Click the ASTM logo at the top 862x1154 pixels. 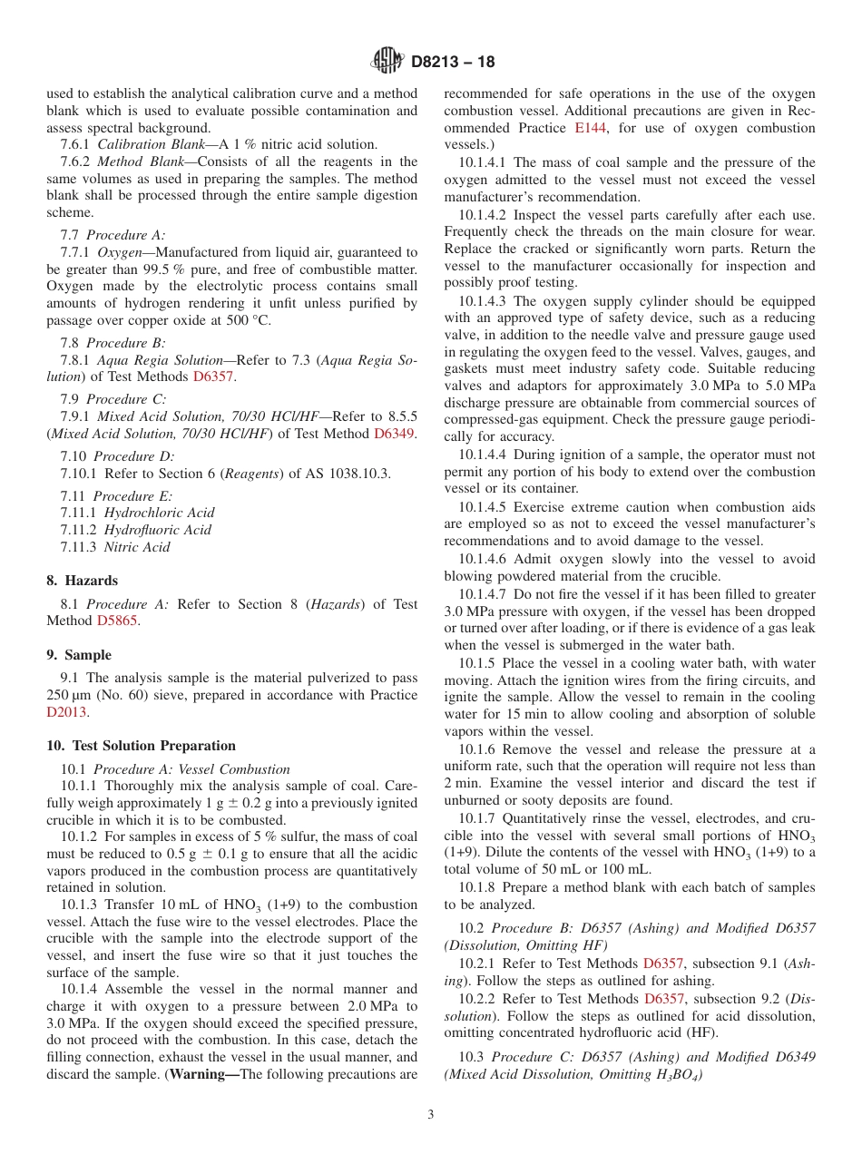tap(387, 62)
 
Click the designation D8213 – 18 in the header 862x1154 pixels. tap(454, 63)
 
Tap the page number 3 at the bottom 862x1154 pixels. tap(431, 1115)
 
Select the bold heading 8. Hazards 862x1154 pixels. tap(83, 581)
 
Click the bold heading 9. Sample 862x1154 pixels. tap(79, 655)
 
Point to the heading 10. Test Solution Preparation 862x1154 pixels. tap(141, 746)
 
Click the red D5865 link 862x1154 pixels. tap(118, 621)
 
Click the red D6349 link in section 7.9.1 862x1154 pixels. tap(394, 434)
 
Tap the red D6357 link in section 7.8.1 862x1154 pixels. tap(214, 377)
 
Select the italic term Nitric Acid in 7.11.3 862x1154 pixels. tap(137, 547)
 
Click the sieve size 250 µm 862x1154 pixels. tap(72, 696)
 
